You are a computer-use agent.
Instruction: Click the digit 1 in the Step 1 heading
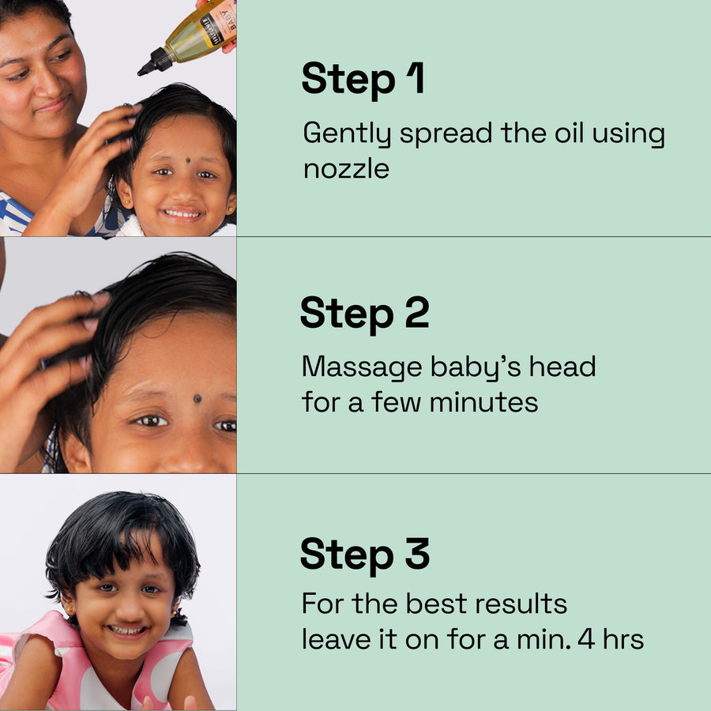pyautogui.click(x=416, y=77)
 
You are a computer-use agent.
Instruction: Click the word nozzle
pyautogui.click(x=347, y=169)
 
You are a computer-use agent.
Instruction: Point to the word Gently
pyautogui.click(x=347, y=134)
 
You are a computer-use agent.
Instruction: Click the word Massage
pyautogui.click(x=362, y=367)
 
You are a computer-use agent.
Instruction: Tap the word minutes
pyautogui.click(x=483, y=402)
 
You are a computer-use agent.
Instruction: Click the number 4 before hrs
pyautogui.click(x=586, y=638)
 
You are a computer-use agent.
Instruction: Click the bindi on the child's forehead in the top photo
pyautogui.click(x=188, y=160)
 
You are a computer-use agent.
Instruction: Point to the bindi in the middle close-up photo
pyautogui.click(x=197, y=399)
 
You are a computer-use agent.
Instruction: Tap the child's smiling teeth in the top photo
pyautogui.click(x=182, y=213)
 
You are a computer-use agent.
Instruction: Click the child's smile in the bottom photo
pyautogui.click(x=127, y=630)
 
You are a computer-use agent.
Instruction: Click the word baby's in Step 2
pyautogui.click(x=476, y=367)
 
